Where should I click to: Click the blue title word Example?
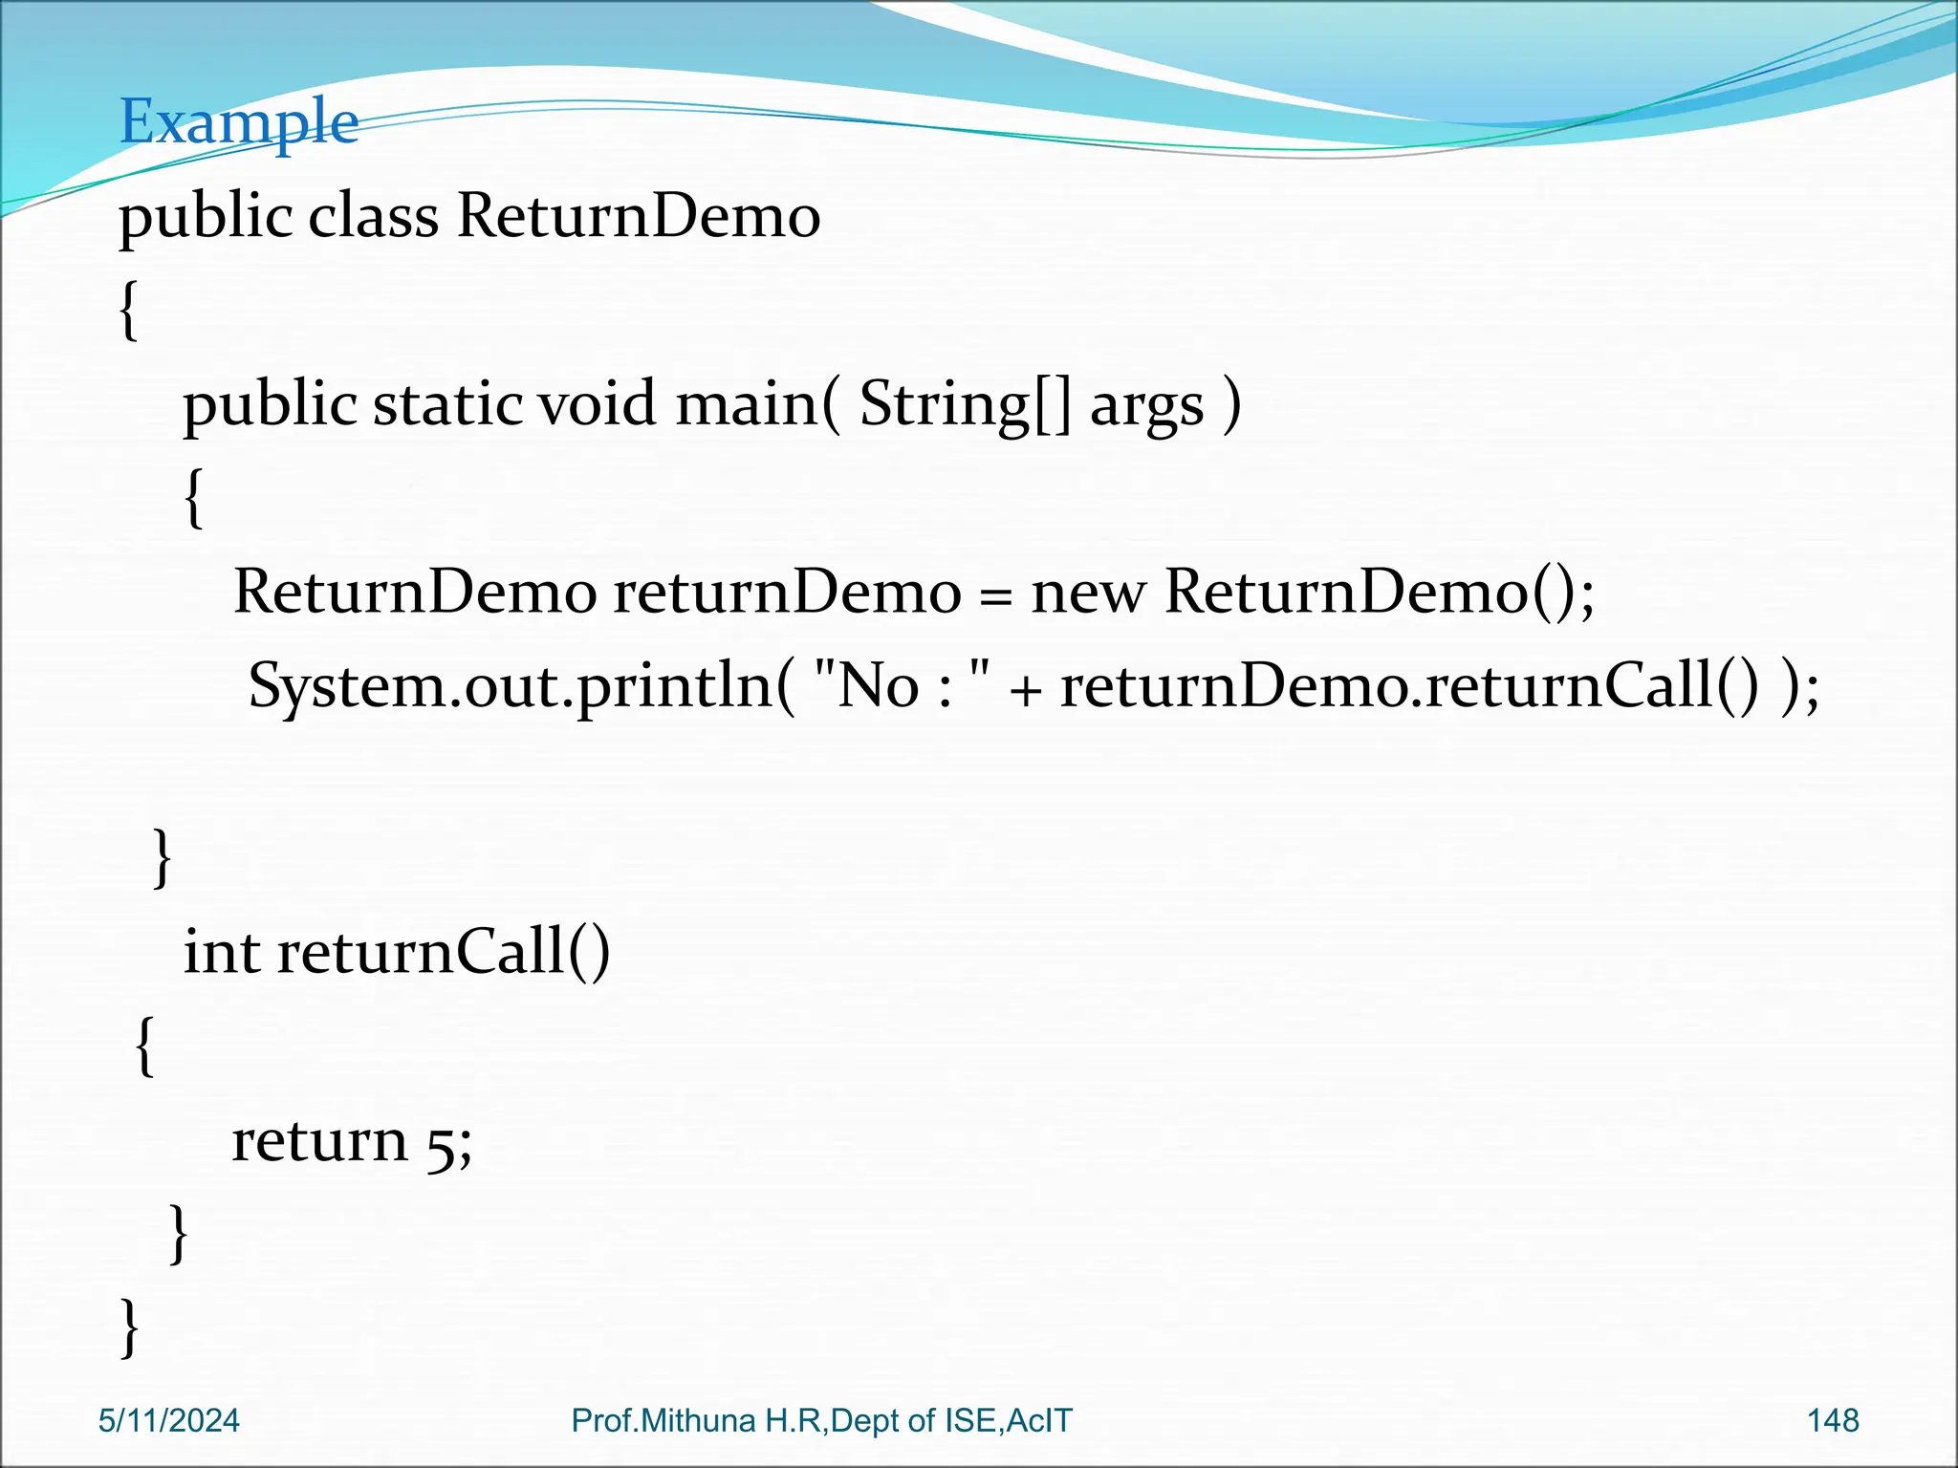click(x=238, y=122)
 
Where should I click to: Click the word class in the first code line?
click(x=373, y=216)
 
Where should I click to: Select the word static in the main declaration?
click(x=446, y=403)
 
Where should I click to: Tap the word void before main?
click(x=597, y=403)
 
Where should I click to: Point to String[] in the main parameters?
click(x=965, y=403)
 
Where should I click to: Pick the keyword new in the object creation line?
click(x=1087, y=593)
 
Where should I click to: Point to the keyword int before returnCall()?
click(x=221, y=952)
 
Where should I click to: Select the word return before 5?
click(x=319, y=1141)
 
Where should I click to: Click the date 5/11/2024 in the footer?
click(x=168, y=1420)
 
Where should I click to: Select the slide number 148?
click(x=1833, y=1420)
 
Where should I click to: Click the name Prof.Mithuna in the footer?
click(x=664, y=1420)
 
